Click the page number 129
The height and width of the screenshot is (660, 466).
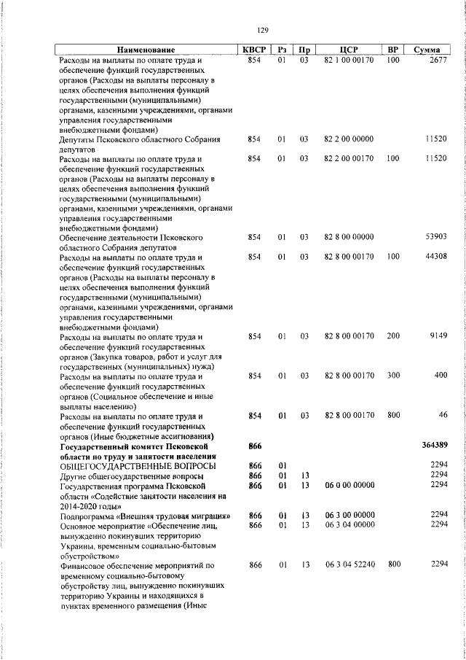263,30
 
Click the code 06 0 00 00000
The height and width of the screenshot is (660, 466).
348,485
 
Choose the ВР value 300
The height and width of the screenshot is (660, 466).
393,376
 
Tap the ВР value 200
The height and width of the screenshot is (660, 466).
393,336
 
